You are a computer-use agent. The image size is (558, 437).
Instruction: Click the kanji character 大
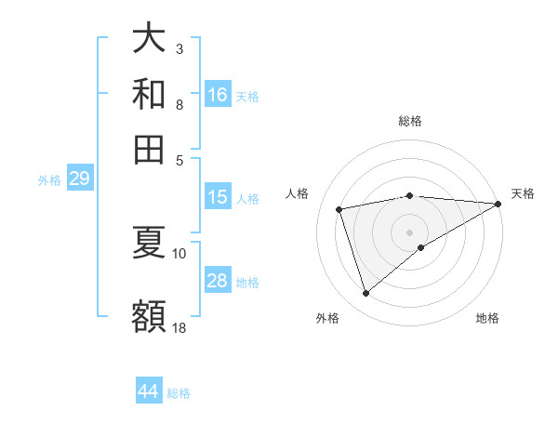click(149, 39)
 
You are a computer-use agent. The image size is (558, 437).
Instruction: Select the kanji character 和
click(149, 94)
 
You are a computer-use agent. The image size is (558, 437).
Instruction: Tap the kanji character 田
click(149, 148)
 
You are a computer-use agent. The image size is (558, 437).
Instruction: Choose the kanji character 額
click(149, 316)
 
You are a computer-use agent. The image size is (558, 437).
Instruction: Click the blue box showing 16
click(218, 94)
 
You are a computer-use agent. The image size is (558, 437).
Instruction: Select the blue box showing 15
click(218, 197)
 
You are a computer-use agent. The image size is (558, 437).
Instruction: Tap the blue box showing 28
click(218, 281)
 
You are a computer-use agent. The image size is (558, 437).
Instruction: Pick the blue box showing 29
click(79, 179)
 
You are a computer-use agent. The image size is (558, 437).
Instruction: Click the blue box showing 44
click(149, 391)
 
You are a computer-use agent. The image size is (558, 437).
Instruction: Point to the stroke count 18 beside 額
click(179, 327)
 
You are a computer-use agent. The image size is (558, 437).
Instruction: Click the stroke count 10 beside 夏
click(179, 253)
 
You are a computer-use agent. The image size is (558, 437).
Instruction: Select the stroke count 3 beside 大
click(179, 47)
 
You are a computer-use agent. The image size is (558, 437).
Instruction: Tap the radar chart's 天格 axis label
click(523, 193)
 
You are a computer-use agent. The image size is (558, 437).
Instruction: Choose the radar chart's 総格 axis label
click(410, 121)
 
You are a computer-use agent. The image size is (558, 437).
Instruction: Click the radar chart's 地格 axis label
click(487, 319)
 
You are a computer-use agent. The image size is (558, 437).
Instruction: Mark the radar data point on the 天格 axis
click(499, 204)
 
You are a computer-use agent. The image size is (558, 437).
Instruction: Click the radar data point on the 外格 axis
click(365, 294)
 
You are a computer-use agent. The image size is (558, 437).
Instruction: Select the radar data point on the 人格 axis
click(339, 209)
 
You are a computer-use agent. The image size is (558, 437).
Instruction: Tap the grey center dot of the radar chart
click(410, 232)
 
